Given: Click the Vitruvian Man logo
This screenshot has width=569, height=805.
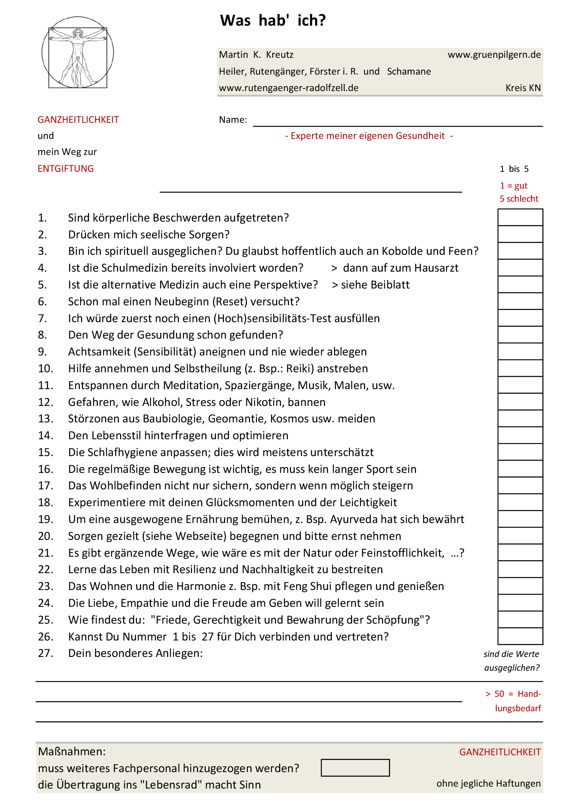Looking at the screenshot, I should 78,53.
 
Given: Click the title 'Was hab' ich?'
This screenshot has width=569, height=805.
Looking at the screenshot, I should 273,21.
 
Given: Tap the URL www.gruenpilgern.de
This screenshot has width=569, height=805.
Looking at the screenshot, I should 494,55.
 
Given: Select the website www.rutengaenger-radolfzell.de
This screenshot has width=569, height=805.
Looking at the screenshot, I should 289,88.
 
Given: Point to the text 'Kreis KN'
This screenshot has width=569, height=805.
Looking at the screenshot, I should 523,88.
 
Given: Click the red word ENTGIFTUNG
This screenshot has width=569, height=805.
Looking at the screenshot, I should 66,169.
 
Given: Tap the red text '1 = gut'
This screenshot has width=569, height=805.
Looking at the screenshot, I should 514,186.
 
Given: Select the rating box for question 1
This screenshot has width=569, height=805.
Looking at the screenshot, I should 520,217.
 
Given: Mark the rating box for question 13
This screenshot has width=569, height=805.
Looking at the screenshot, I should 520,419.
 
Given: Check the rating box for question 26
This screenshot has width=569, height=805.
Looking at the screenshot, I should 520,636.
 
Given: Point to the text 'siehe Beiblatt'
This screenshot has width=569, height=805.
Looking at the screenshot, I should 375,285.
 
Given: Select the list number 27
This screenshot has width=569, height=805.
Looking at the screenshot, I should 46,653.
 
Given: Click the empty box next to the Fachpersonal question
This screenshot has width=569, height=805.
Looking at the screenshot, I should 355,768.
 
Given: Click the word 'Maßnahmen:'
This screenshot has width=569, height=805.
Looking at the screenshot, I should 72,751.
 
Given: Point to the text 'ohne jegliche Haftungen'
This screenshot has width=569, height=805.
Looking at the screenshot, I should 488,783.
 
